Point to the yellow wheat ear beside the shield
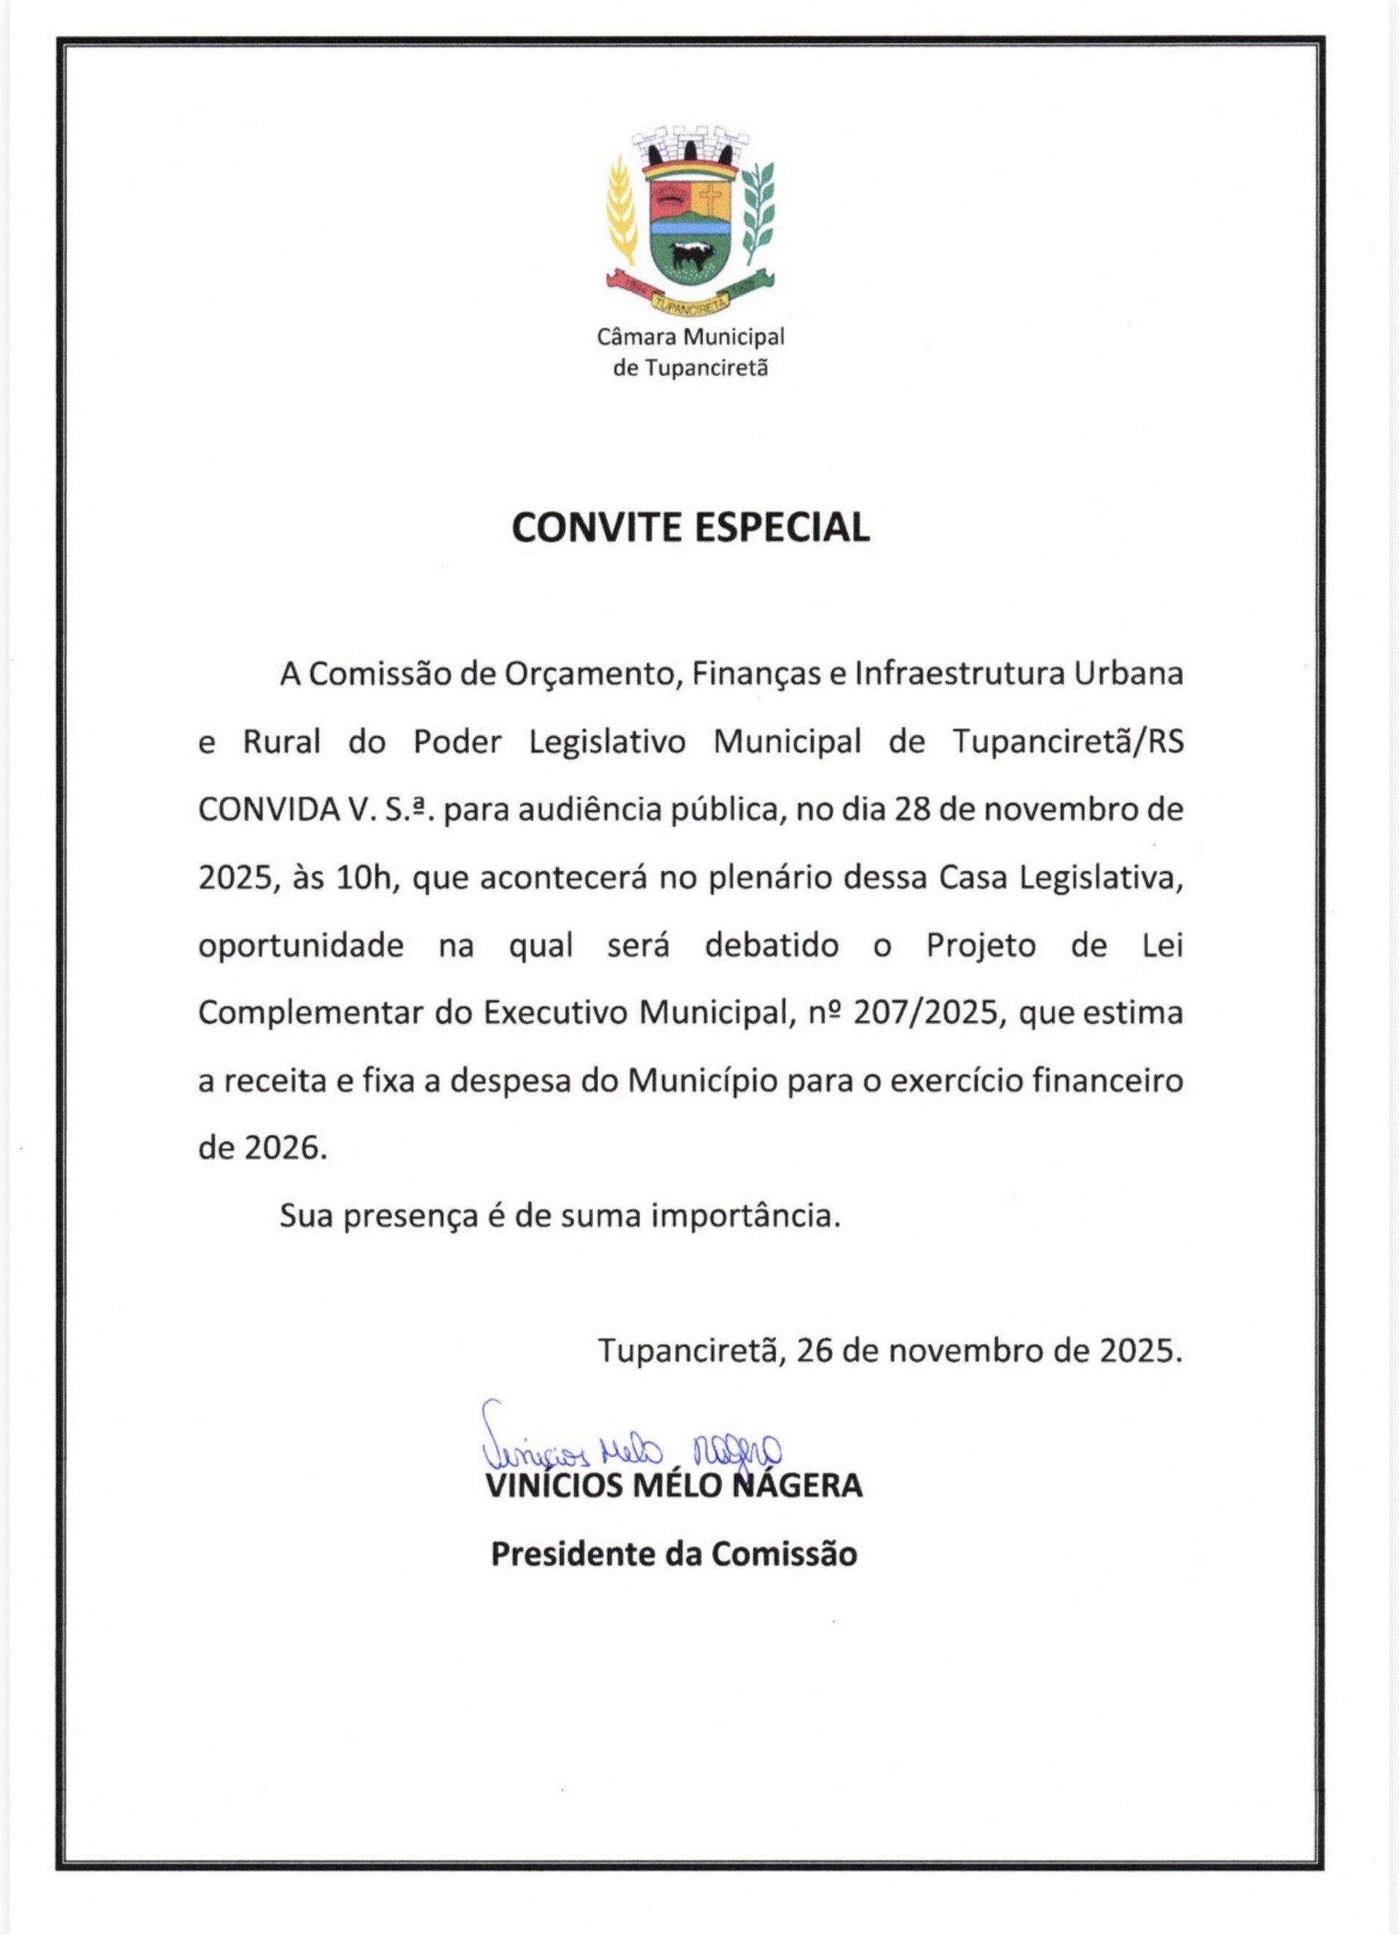click(622, 214)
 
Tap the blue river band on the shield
click(689, 229)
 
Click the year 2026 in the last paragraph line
click(281, 1149)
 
